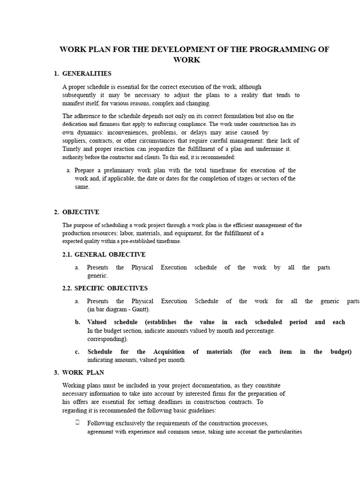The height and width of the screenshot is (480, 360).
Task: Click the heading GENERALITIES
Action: point(87,74)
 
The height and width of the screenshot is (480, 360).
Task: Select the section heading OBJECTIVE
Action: point(81,212)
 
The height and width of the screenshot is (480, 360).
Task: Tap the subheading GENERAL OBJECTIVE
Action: point(110,255)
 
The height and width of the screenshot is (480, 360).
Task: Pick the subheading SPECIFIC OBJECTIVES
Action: point(111,288)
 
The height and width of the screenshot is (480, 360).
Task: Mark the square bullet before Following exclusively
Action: point(77,423)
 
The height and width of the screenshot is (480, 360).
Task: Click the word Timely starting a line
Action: point(72,149)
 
